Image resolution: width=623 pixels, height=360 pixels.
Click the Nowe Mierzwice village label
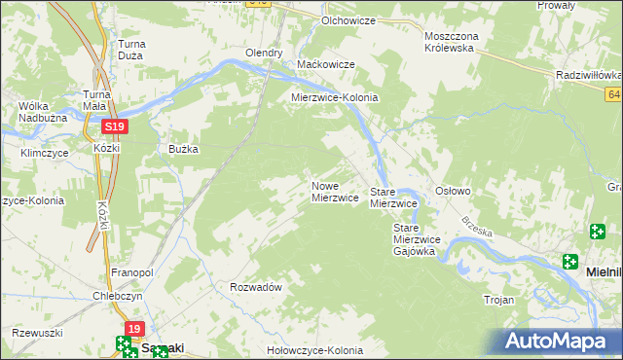click(335, 191)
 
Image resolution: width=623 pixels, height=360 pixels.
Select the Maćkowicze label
click(325, 64)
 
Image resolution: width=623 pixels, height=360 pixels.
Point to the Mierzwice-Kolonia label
click(335, 98)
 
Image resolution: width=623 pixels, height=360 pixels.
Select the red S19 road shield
click(115, 126)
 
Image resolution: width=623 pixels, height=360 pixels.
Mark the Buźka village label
click(184, 149)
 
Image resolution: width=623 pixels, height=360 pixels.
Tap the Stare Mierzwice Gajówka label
click(417, 239)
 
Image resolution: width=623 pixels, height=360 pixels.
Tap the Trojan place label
click(498, 300)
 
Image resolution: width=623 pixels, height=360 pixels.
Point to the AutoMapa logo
click(559, 342)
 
